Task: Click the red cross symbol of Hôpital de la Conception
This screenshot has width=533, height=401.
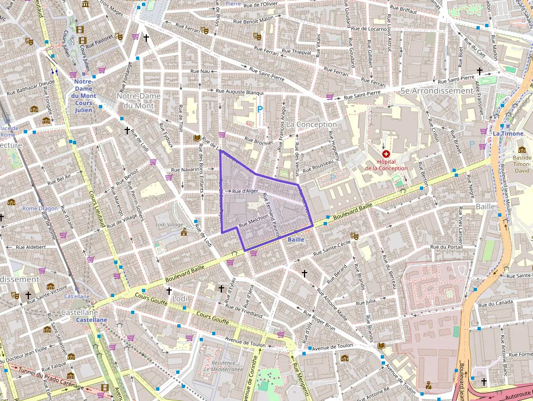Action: coord(386,155)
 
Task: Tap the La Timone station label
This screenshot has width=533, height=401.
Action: coord(508,133)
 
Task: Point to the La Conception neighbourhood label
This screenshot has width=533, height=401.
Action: coord(312,125)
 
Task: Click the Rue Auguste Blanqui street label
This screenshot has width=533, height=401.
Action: coord(239,92)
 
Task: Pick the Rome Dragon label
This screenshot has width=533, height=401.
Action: coord(39,208)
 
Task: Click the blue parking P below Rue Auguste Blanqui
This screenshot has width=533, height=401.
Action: coord(260,109)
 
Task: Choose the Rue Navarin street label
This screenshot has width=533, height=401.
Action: coord(186,170)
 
